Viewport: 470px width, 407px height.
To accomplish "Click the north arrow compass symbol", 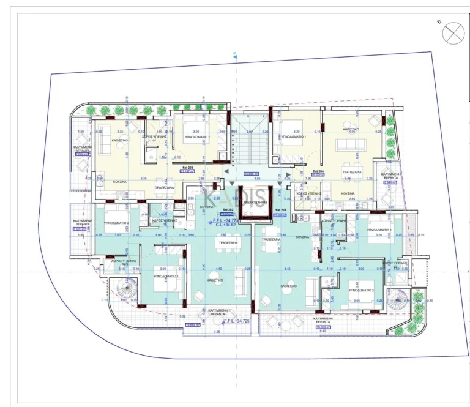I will tap(454, 33).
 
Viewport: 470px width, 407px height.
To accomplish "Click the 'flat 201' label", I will tap(280, 210).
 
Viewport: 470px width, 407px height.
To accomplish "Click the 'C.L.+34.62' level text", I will tap(227, 225).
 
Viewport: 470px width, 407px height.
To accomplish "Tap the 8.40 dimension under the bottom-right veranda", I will tap(323, 331).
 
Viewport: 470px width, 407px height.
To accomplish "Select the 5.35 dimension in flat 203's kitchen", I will tap(143, 178).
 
